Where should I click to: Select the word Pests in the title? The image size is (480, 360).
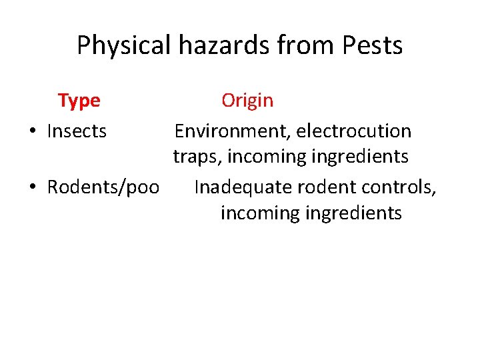click(x=372, y=46)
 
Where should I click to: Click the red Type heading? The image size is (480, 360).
click(x=79, y=101)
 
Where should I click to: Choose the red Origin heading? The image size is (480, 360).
click(x=247, y=101)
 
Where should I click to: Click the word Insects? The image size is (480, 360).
click(x=77, y=131)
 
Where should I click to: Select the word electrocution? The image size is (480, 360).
click(x=354, y=131)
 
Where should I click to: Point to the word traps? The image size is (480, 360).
click(x=197, y=157)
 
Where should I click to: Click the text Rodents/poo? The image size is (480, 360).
click(x=103, y=187)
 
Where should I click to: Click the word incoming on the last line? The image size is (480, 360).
click(x=255, y=213)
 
